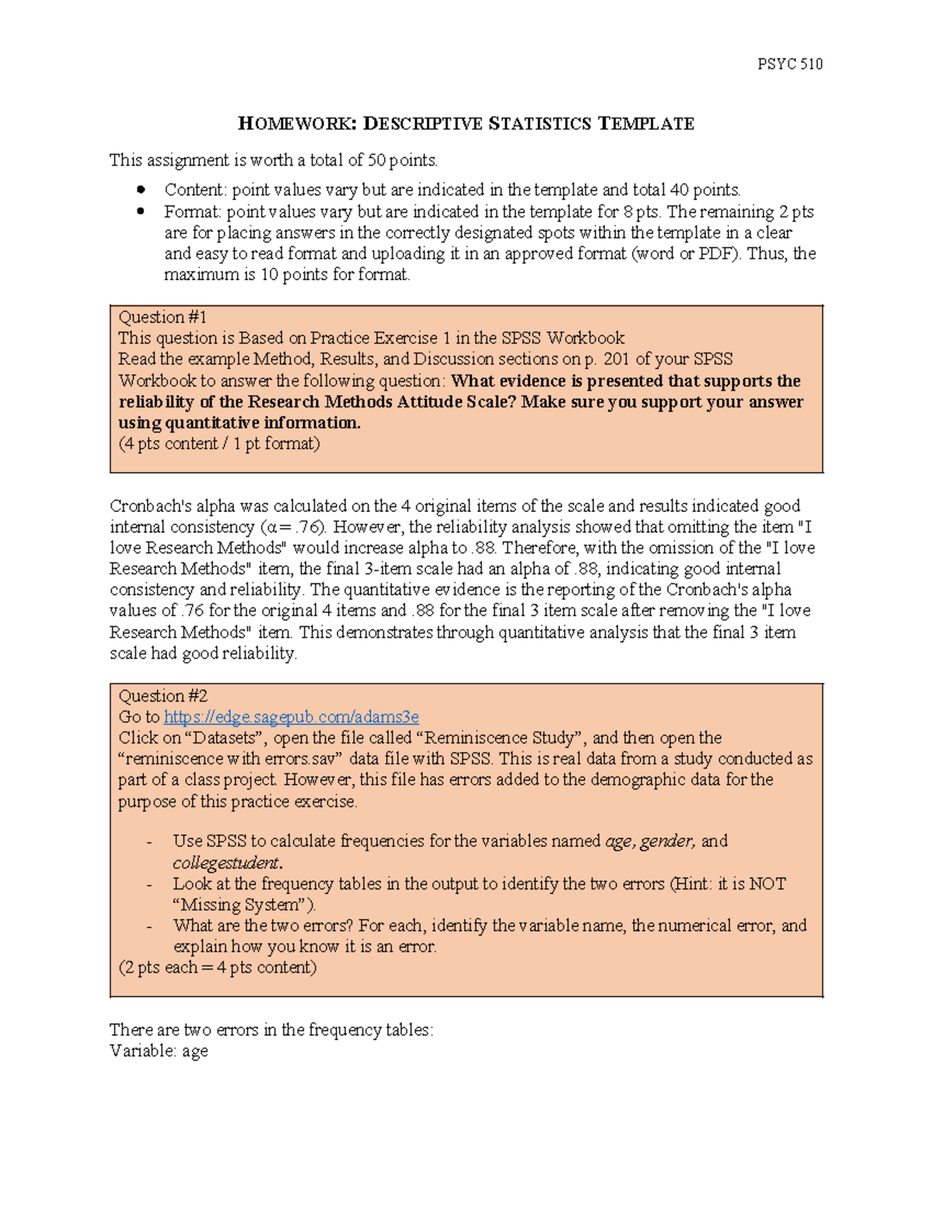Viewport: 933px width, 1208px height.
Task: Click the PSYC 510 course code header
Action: click(789, 64)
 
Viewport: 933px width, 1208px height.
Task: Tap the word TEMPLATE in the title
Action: click(645, 124)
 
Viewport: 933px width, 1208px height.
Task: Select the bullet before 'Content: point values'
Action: click(141, 189)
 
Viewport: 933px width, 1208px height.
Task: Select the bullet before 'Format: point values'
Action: click(141, 211)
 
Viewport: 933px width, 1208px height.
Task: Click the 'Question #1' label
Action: click(162, 317)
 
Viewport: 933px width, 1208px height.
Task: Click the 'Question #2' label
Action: click(162, 695)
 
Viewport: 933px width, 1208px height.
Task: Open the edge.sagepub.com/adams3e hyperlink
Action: click(291, 716)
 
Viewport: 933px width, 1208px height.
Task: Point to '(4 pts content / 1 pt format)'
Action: click(218, 443)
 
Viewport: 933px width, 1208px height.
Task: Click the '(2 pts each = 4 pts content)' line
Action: click(217, 967)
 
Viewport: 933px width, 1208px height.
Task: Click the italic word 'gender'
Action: click(666, 841)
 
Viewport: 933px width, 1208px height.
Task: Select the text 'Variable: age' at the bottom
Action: click(159, 1051)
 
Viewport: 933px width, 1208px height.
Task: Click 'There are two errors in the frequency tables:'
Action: click(271, 1030)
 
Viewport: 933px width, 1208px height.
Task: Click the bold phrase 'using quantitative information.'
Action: click(239, 422)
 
